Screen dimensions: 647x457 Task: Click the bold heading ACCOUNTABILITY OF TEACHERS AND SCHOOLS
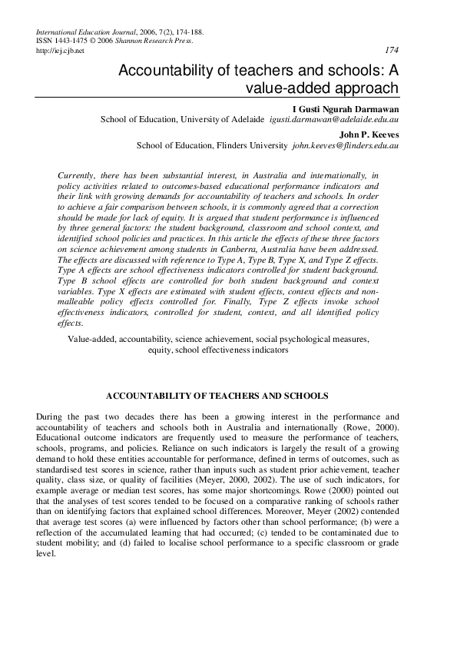(217, 396)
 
